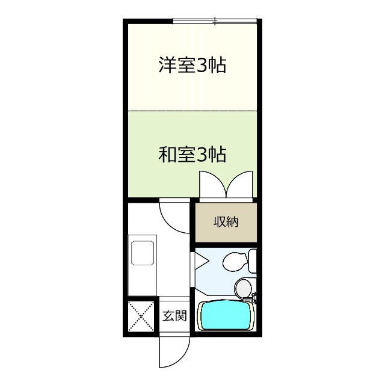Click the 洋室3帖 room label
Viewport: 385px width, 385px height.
(x=192, y=65)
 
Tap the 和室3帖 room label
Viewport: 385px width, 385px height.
(x=192, y=155)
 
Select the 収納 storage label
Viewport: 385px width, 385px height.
(x=226, y=222)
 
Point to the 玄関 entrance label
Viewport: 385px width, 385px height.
(x=174, y=316)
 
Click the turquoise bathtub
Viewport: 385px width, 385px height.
(x=226, y=315)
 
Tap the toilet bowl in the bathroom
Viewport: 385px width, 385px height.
(x=235, y=262)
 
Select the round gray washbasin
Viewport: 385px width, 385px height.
(x=243, y=288)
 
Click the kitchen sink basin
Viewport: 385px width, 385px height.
(x=143, y=253)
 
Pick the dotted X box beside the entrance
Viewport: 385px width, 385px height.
(x=141, y=316)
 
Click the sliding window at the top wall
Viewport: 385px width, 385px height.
(x=215, y=22)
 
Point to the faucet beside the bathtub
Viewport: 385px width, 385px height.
(x=254, y=297)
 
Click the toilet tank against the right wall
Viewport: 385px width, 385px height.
(x=253, y=260)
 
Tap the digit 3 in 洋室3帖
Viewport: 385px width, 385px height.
(x=202, y=66)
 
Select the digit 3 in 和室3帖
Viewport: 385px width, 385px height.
(x=202, y=155)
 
